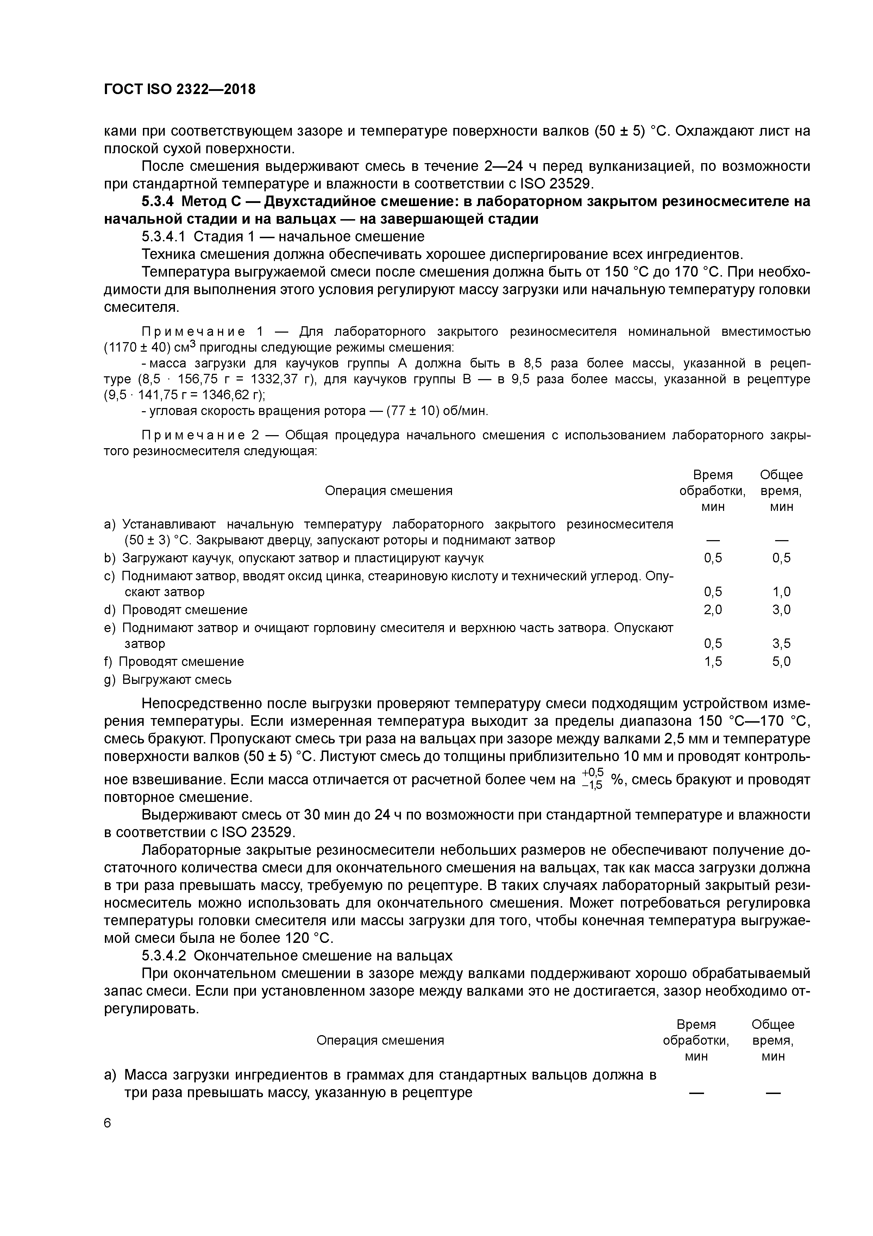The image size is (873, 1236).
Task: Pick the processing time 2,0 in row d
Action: pyautogui.click(x=713, y=610)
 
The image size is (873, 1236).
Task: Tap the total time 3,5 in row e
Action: pyautogui.click(x=781, y=644)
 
